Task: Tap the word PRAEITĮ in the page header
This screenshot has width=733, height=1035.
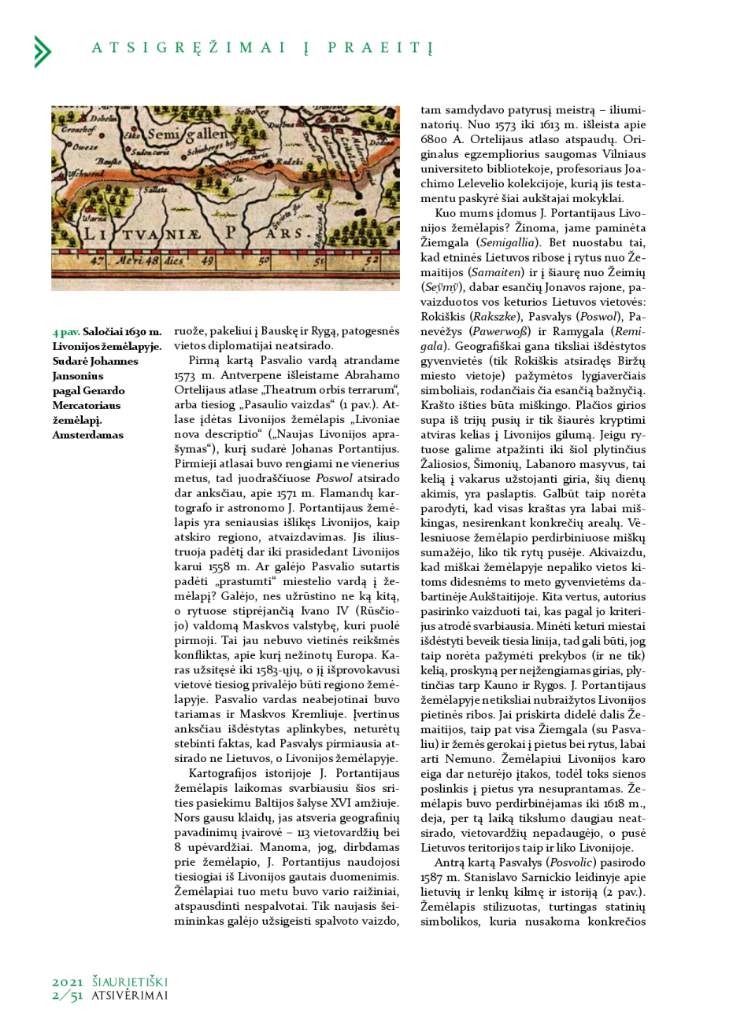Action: tap(380, 48)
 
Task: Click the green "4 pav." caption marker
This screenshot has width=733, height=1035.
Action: tap(66, 332)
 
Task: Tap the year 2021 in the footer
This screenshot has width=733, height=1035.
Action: tap(68, 982)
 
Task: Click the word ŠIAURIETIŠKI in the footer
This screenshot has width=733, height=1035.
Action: tap(130, 982)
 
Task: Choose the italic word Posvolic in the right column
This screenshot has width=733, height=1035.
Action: tap(551, 862)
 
